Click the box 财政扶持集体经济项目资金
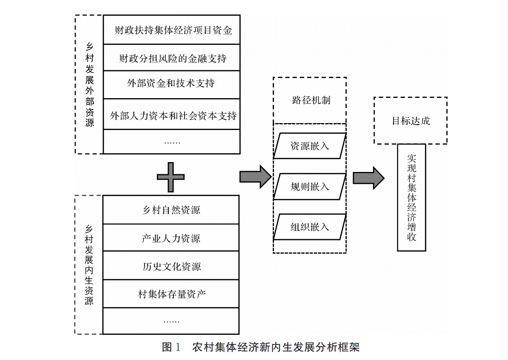coord(172,30)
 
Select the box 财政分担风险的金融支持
coord(172,58)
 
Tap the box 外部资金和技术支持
coord(172,84)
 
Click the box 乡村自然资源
coord(171,210)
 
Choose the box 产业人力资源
coord(171,238)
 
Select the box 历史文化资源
coord(171,266)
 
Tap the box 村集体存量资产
coord(171,294)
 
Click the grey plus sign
coord(171,177)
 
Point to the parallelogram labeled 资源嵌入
coord(309,146)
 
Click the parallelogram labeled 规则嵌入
coord(309,186)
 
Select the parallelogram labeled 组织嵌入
coord(309,227)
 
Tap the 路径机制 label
coord(311,101)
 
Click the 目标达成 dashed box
coord(410,121)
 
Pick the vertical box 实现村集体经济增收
coord(412,197)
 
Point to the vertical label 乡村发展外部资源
coord(90,85)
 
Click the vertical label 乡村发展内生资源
coord(89,265)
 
